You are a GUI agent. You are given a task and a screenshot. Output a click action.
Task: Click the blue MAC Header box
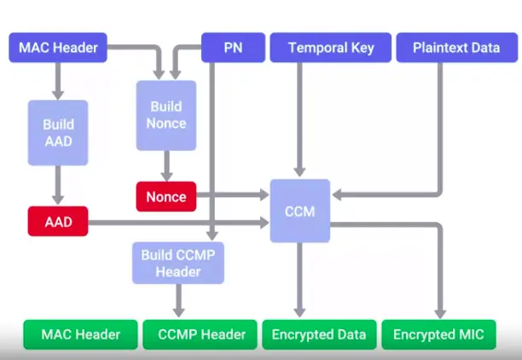[x=58, y=47]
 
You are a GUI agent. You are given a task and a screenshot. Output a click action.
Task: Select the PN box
[x=233, y=47]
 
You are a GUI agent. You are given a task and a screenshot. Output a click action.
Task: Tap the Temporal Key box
[x=330, y=47]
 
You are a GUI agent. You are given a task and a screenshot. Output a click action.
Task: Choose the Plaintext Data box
[x=456, y=47]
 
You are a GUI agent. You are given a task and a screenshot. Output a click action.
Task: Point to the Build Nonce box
[x=166, y=114]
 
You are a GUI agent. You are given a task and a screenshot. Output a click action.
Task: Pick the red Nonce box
[x=166, y=197]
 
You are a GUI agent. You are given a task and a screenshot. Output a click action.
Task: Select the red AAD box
[x=58, y=224]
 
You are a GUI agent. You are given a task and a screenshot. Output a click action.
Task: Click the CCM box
[x=300, y=211]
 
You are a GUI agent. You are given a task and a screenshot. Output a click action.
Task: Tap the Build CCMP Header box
[x=178, y=263]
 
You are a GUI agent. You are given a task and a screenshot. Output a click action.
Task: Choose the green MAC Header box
[x=81, y=334]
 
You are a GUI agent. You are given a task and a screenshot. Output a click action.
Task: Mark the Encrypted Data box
[x=318, y=334]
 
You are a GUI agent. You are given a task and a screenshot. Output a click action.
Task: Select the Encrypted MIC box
[x=438, y=334]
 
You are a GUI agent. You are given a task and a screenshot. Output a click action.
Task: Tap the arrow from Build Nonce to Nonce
[x=166, y=164]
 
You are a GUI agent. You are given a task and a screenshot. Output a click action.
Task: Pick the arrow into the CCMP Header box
[x=178, y=301]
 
